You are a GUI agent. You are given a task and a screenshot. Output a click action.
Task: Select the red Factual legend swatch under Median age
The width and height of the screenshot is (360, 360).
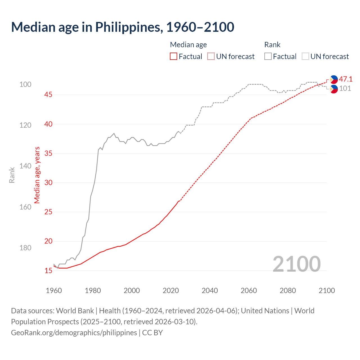pos(174,57)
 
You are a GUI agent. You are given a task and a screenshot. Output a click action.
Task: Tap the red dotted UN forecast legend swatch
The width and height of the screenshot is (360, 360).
pos(211,57)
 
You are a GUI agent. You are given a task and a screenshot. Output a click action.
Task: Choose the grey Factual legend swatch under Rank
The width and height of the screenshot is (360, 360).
pos(268,57)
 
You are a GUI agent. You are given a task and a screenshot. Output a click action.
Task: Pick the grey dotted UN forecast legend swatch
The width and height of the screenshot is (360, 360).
pos(305,57)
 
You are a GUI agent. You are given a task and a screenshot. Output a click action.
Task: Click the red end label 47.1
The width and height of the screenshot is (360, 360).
pos(346,79)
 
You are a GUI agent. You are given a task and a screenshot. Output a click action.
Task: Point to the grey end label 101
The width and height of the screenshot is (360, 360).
pos(345,89)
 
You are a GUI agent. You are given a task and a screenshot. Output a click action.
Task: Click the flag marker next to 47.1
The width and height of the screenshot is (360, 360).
pos(334,79)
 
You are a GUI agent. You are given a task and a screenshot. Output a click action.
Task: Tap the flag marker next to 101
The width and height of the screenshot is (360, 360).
pos(334,89)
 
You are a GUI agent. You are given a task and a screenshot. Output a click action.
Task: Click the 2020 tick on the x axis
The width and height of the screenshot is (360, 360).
pos(171,291)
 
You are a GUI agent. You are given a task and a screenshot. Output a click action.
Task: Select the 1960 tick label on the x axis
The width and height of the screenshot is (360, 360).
pos(54,291)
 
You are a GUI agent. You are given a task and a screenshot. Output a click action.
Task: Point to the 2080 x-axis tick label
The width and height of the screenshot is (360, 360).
pos(288,291)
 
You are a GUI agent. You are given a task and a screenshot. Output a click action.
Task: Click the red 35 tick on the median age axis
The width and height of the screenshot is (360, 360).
pos(48,153)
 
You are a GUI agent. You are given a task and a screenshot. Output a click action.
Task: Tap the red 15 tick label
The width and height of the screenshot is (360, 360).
pos(48,271)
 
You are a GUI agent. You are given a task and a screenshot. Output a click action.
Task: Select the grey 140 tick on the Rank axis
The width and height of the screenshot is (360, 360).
pos(25,166)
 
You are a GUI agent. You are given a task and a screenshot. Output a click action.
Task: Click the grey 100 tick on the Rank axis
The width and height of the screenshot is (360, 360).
pos(25,84)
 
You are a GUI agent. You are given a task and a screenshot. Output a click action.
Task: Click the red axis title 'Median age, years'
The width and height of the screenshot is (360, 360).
pos(37,175)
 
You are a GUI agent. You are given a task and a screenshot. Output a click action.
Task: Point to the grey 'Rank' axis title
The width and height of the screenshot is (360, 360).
pos(12,175)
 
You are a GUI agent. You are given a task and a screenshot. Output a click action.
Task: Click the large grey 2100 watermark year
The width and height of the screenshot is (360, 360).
pos(296,264)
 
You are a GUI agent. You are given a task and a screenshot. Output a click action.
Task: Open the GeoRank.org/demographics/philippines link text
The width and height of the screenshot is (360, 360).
pos(74,333)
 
